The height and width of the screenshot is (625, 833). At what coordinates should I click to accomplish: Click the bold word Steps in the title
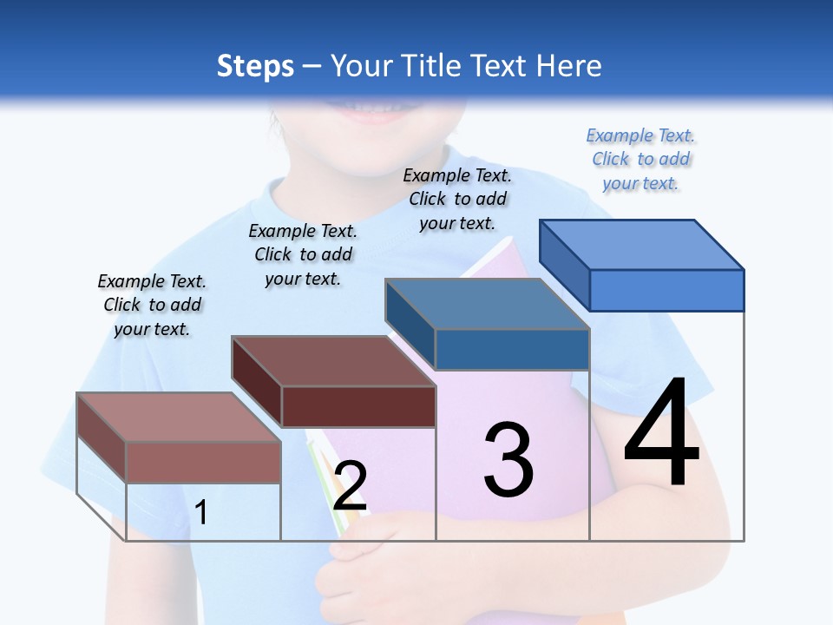click(x=255, y=66)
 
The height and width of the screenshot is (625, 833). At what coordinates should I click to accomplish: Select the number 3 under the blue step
click(x=508, y=459)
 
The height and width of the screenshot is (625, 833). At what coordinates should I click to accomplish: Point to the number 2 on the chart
click(x=350, y=486)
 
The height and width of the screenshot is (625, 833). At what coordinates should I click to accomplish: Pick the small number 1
click(x=201, y=512)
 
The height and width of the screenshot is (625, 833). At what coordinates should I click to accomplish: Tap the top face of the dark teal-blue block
click(x=488, y=305)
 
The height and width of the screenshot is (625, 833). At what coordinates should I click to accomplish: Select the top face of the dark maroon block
click(x=333, y=361)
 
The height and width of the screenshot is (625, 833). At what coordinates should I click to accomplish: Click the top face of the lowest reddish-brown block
click(x=179, y=418)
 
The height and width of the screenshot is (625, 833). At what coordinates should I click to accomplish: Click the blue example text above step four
click(x=640, y=159)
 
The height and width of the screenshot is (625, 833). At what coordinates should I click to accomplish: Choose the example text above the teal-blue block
click(x=457, y=199)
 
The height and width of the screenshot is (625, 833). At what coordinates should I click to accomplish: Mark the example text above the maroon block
click(x=303, y=254)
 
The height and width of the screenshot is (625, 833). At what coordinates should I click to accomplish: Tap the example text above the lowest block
click(x=152, y=305)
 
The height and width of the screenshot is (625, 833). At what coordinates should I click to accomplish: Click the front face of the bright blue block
click(x=666, y=290)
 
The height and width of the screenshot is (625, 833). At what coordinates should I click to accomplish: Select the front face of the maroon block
click(x=358, y=406)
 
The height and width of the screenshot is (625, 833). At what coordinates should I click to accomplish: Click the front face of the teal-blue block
click(x=512, y=349)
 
